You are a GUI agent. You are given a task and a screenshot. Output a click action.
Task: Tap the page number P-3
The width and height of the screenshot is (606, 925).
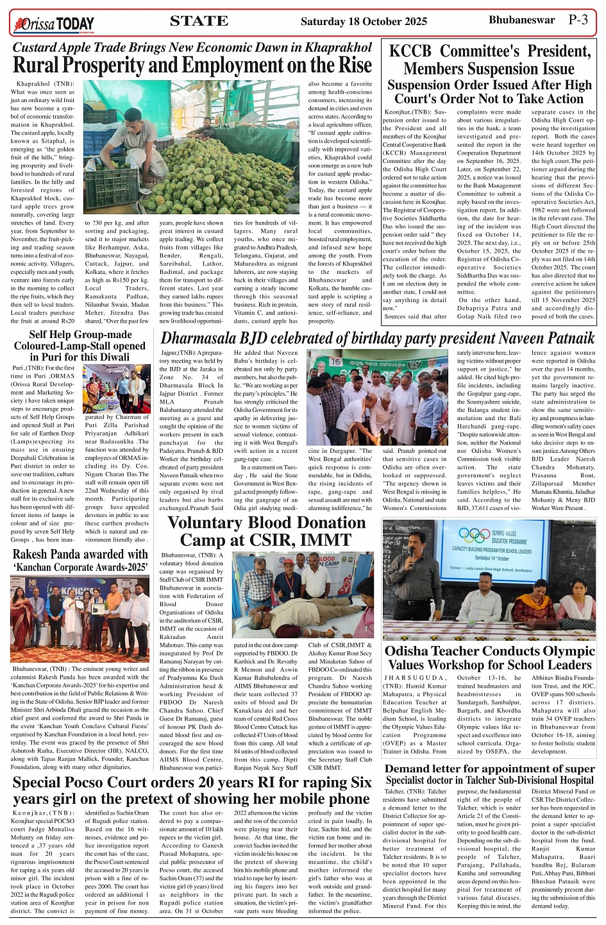point(578,20)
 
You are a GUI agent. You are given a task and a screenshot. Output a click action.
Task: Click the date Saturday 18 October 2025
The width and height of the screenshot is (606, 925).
point(364,21)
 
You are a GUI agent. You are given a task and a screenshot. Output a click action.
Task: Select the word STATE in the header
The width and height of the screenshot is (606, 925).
point(199,21)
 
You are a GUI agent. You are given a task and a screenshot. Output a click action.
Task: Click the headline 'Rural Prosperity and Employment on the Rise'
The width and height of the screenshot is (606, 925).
point(192,65)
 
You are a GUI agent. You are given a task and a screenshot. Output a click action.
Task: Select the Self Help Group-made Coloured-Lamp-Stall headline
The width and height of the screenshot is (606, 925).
point(80,345)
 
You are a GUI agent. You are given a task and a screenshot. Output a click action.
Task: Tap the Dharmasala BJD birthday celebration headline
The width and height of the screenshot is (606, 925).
point(377,338)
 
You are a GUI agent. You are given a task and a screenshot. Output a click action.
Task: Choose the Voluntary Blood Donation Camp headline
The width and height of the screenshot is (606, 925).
point(266,530)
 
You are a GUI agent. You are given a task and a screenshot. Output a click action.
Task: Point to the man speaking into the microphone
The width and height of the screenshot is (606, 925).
point(417,561)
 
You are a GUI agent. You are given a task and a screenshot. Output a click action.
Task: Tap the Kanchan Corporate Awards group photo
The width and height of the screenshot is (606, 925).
point(80,617)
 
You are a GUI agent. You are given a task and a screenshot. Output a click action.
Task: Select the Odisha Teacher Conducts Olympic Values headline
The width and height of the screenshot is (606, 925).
point(489,658)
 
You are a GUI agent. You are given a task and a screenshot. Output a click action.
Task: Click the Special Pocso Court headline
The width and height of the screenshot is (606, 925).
point(192,790)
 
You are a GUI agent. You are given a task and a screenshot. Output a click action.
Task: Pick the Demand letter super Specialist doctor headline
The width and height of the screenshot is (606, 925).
point(489,774)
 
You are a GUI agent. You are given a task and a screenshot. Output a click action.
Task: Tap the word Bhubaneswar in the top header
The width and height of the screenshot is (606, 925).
point(521,20)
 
